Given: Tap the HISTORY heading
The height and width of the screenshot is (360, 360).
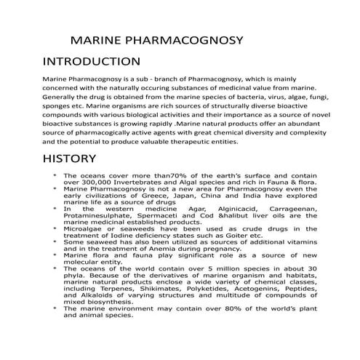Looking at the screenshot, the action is pyautogui.click(x=69, y=159).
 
